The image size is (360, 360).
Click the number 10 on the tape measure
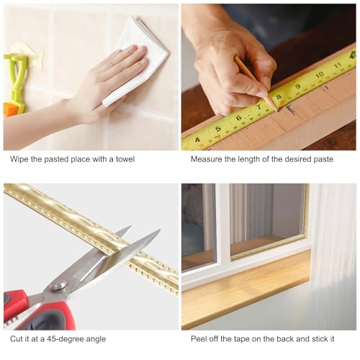point(320,74)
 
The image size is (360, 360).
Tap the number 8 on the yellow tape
point(278,95)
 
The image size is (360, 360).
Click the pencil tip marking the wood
point(275,109)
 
